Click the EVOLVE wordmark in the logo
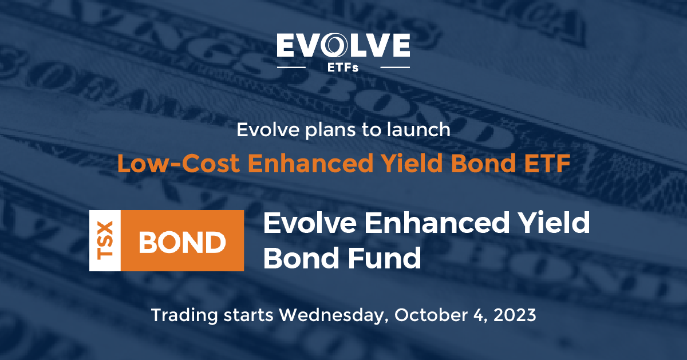click(343, 46)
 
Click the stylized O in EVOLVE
click(337, 46)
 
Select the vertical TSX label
click(104, 240)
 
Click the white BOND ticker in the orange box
click(182, 241)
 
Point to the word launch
click(421, 130)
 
